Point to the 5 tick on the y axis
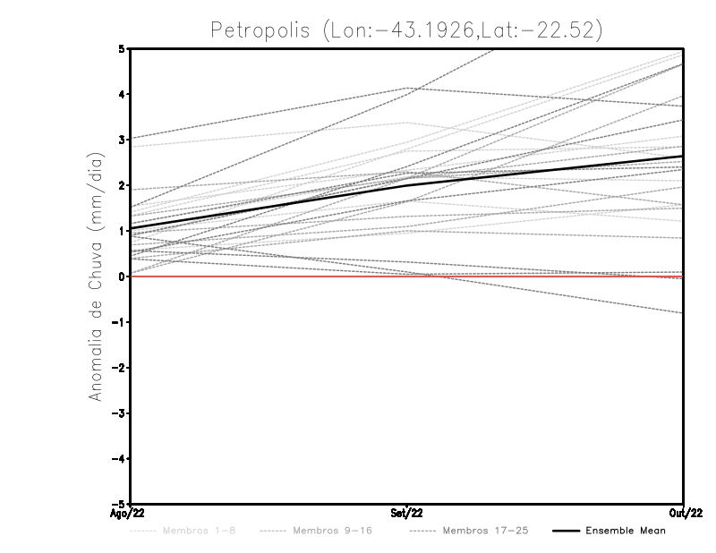tap(122, 48)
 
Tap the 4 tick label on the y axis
tap(122, 94)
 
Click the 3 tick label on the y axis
tap(122, 140)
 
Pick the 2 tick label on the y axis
tap(122, 185)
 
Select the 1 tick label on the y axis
tap(122, 231)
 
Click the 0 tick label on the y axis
tap(122, 276)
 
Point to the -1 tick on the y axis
tap(118, 322)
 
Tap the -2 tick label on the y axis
tap(118, 368)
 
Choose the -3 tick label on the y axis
tap(118, 413)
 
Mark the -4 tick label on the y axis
tap(118, 459)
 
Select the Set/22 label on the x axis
tap(407, 514)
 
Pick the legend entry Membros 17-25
tap(487, 531)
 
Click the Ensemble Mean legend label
tap(626, 531)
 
